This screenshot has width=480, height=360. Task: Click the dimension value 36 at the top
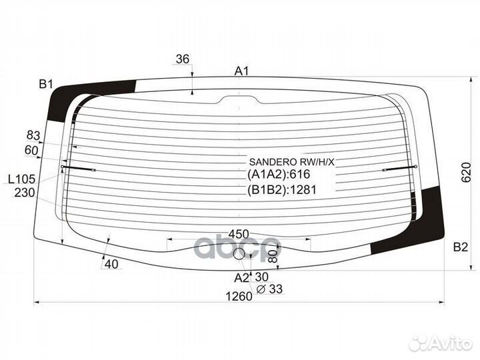[x=183, y=59]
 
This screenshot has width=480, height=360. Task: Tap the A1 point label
[x=242, y=71]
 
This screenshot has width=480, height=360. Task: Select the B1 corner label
[x=46, y=84]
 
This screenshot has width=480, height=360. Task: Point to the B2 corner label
[x=461, y=247]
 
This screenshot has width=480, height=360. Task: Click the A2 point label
[x=242, y=277]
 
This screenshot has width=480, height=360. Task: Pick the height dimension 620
[x=466, y=173]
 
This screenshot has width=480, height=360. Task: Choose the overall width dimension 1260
[x=239, y=296]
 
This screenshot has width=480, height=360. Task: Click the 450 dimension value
[x=239, y=234]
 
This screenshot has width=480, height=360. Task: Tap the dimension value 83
[x=33, y=135]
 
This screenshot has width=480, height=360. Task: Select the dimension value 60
[x=31, y=150]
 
